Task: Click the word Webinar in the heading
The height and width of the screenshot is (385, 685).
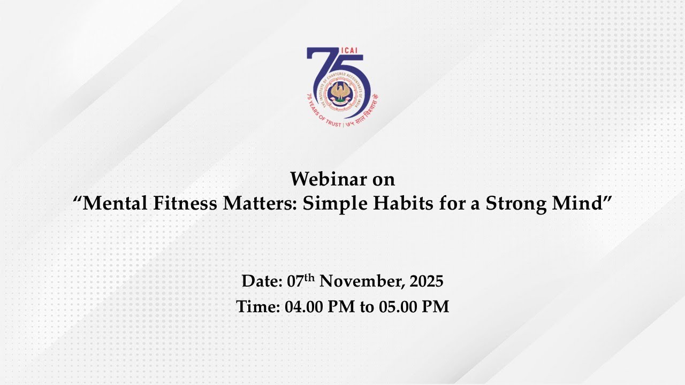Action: coord(322,179)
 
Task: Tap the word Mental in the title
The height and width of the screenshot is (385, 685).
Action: coord(112,204)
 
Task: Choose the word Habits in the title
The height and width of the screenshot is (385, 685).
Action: coord(402,204)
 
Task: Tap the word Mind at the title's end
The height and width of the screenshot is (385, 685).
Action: coord(580,204)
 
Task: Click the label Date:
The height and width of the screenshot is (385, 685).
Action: coord(262,281)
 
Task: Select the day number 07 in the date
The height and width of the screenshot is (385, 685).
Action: coord(295,281)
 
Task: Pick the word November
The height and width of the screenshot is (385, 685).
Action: coord(360,281)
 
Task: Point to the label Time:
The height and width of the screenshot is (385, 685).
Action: coord(257,306)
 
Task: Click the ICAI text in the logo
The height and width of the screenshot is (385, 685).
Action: coord(348,52)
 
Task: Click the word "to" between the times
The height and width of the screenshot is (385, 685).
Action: coord(366,306)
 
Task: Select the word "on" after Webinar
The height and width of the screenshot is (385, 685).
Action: coord(383,179)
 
